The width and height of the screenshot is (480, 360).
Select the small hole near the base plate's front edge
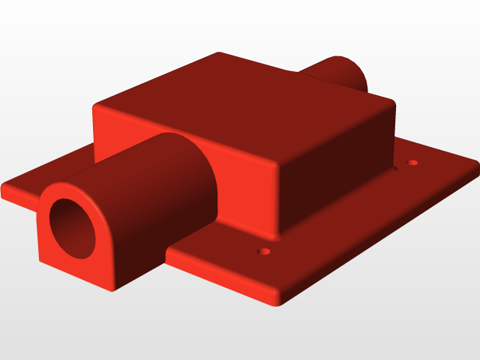pos(262,251)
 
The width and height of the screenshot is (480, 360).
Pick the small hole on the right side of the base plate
pos(412,162)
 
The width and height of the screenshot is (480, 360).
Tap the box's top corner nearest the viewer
pos(279,166)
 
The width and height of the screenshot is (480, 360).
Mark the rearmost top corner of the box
pos(219,53)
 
